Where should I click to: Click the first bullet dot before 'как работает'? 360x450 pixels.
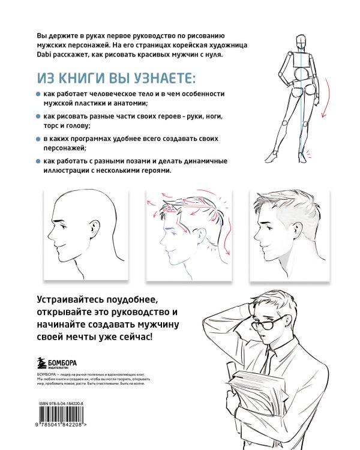point(37,95)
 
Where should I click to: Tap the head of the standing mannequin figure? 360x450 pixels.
point(302,41)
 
